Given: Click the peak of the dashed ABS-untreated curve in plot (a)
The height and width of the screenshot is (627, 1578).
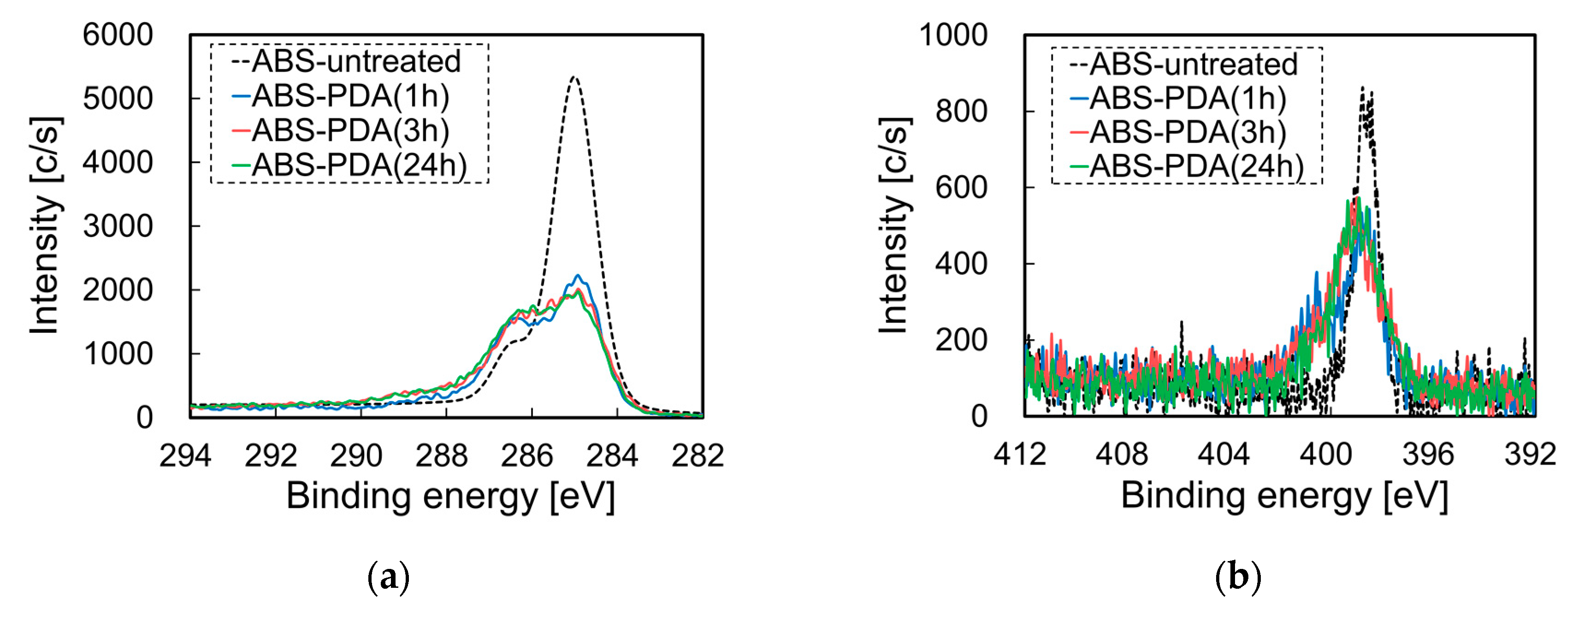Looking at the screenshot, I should [x=574, y=78].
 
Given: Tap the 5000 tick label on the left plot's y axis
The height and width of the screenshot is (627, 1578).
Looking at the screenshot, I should [x=118, y=99].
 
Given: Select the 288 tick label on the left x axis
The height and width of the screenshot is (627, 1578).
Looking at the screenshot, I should [x=441, y=455].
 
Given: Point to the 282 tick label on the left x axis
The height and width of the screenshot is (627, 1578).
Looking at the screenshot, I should [x=698, y=455].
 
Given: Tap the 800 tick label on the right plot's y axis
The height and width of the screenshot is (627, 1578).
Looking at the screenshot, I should [x=961, y=112].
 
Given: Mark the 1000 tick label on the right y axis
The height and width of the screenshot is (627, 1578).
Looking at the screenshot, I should [x=953, y=35].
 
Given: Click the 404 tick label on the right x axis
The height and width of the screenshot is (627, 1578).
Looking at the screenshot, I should [x=1223, y=454].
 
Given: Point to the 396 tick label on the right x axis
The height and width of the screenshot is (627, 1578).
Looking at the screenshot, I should [x=1428, y=454].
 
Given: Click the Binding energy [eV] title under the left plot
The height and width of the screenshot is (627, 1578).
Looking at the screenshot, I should [x=450, y=495].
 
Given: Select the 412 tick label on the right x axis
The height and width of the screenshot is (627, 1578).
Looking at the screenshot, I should [x=1019, y=454].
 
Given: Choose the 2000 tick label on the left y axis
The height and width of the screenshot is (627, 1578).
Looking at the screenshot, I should [x=118, y=290].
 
